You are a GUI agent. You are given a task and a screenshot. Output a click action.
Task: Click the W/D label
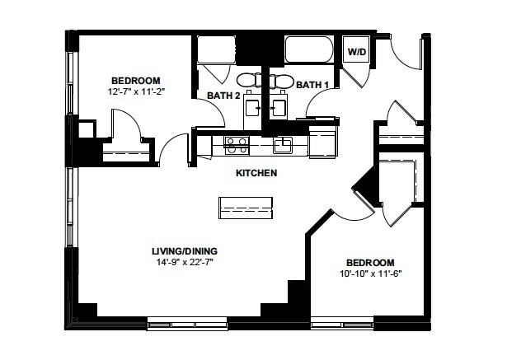pyautogui.click(x=356, y=52)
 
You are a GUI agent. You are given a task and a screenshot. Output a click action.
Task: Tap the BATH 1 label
pyautogui.click(x=312, y=84)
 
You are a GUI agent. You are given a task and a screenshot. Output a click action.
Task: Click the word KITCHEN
pyautogui.click(x=256, y=173)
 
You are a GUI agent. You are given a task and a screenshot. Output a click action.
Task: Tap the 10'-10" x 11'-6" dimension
pyautogui.click(x=369, y=274)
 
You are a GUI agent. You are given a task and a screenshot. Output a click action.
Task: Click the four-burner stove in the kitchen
pyautogui.click(x=237, y=145)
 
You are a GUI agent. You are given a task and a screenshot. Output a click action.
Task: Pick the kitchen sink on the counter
pyautogui.click(x=284, y=145)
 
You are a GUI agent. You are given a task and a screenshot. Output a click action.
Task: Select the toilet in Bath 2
pyautogui.click(x=248, y=80)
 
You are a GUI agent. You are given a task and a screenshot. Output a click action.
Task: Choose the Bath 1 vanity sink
pyautogui.click(x=277, y=107)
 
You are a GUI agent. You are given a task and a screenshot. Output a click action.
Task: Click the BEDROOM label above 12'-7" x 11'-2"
pyautogui.click(x=136, y=81)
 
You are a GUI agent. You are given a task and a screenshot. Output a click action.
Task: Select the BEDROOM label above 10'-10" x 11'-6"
pyautogui.click(x=369, y=262)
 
